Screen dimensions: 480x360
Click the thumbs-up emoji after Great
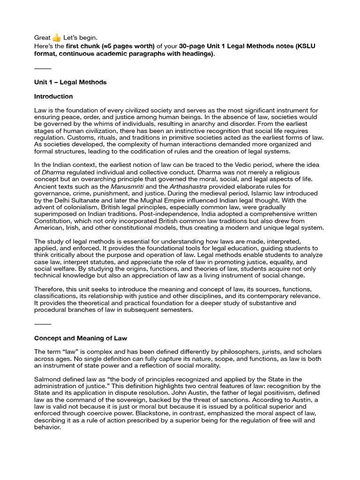57,37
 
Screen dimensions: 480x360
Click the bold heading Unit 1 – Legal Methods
70,82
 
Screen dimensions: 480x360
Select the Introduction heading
53,97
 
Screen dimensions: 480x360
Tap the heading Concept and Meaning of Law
81,338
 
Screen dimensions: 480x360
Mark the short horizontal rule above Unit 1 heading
43,68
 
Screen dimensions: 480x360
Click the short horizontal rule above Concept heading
43,324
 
